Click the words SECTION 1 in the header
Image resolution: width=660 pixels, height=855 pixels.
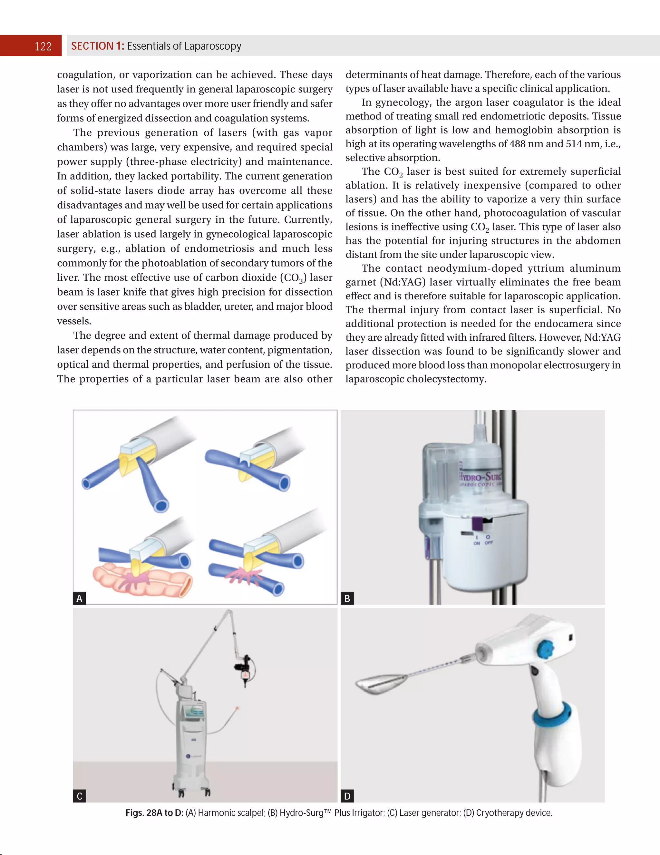tap(97, 46)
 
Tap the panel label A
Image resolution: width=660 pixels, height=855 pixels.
tap(80, 598)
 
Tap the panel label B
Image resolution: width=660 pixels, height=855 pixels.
tap(347, 598)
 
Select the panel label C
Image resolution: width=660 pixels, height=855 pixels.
tap(80, 796)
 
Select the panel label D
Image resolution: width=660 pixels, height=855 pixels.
tap(347, 796)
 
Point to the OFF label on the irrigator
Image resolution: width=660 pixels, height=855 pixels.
tap(489, 543)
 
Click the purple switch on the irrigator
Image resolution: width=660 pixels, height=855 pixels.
tap(477, 523)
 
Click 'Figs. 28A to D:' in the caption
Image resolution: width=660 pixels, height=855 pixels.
tap(154, 813)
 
